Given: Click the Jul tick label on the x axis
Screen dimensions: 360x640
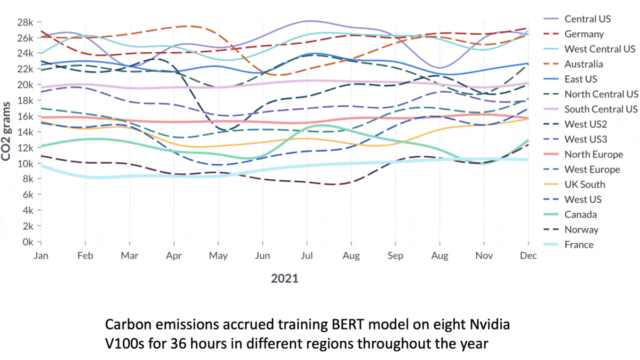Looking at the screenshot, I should tap(307, 255).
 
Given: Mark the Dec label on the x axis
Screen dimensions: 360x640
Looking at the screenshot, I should tap(528, 255).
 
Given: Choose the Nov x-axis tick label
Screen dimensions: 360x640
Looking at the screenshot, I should tap(483, 255).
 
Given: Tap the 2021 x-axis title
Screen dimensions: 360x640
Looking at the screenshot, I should tap(284, 278).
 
